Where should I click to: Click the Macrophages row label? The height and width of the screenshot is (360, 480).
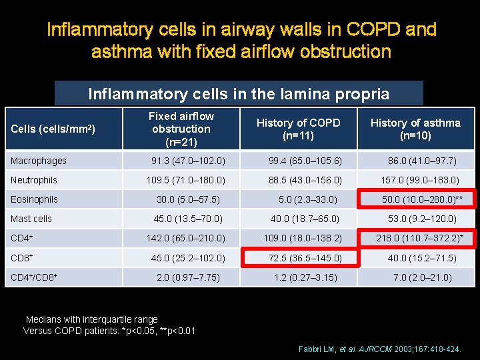click(x=39, y=161)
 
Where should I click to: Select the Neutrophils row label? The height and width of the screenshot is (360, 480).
click(x=35, y=180)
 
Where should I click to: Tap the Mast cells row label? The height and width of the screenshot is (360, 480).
click(x=32, y=219)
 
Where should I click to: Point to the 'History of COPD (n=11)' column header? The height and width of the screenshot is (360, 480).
click(x=299, y=129)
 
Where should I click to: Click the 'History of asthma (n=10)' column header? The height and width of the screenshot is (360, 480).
click(x=415, y=129)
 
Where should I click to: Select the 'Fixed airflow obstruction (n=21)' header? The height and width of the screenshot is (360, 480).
click(x=181, y=129)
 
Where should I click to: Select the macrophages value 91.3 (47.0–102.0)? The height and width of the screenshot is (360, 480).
click(x=188, y=161)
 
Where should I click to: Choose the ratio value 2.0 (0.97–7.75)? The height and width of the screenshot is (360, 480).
click(x=188, y=277)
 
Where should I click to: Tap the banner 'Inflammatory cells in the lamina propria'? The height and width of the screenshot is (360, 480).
click(x=239, y=94)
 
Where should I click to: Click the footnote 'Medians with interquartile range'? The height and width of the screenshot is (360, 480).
click(x=91, y=320)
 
